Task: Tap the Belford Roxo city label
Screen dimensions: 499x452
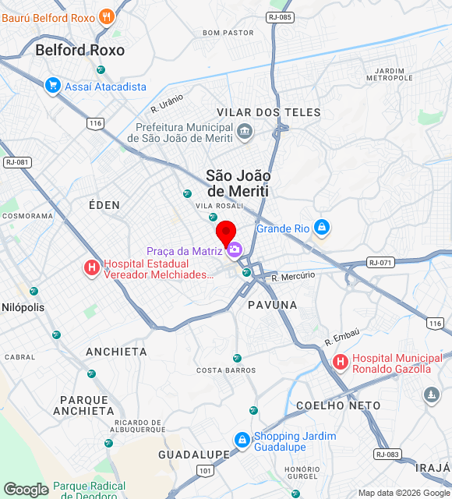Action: point(79,50)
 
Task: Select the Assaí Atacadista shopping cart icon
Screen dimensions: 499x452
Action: point(53,86)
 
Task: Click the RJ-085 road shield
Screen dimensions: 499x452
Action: point(279,16)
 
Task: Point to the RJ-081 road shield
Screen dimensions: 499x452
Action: point(16,162)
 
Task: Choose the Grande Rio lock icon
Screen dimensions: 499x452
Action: point(322,228)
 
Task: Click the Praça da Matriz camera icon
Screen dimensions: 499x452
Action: point(235,250)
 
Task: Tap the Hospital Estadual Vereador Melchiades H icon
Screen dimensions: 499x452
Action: point(92,268)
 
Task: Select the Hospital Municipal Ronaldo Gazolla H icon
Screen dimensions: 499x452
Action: point(341,363)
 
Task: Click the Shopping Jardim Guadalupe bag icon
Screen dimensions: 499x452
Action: point(242,441)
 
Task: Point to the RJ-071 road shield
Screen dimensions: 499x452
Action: point(381,263)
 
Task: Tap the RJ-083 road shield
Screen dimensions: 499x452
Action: point(387,454)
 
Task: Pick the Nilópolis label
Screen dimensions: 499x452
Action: point(23,307)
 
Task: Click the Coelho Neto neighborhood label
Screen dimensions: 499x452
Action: point(338,405)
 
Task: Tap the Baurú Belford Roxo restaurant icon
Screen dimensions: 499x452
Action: point(107,17)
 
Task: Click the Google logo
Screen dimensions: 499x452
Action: point(26,490)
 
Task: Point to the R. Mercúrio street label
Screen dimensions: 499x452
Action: point(293,276)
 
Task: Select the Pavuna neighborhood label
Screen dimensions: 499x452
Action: point(273,304)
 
